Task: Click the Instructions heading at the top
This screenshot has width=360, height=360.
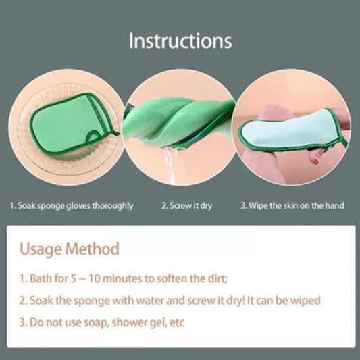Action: point(180,41)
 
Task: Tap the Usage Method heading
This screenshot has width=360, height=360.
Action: point(70,249)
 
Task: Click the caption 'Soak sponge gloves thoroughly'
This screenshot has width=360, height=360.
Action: point(71,205)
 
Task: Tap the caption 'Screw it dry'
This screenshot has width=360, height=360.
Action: point(186,205)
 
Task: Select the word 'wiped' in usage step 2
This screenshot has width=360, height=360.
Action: point(306,299)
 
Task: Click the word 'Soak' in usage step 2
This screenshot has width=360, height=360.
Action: point(42,299)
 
